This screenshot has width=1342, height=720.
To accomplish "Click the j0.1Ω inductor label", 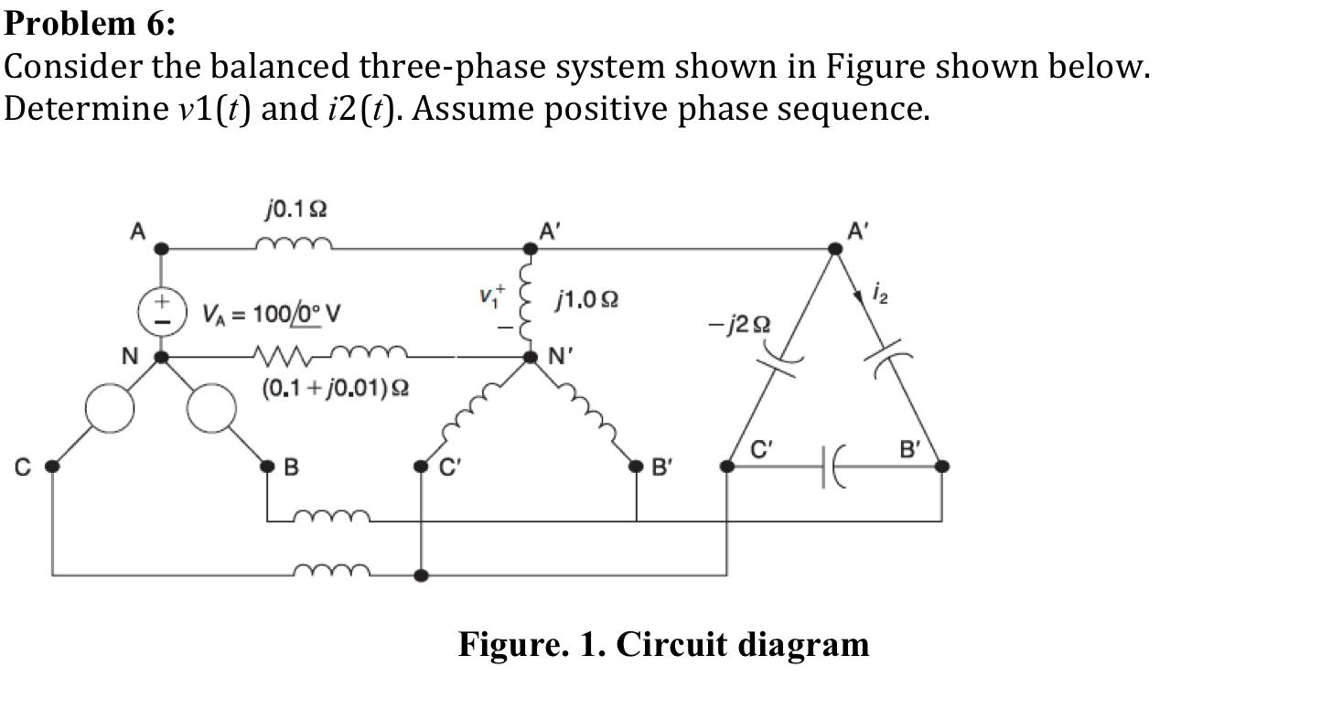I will tap(295, 210).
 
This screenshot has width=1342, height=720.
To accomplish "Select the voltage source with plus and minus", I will tap(162, 312).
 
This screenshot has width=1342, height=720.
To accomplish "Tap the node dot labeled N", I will tap(162, 357).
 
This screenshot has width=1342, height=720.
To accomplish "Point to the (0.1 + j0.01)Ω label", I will tap(335, 388).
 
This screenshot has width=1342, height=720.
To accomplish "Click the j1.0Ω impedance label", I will tap(586, 299).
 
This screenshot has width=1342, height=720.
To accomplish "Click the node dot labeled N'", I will tap(530, 357).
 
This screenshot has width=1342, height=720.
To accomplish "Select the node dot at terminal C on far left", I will tap(52, 467).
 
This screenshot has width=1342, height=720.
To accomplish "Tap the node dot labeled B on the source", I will tap(267, 467).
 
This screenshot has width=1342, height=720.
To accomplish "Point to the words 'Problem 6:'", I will tap(90, 23).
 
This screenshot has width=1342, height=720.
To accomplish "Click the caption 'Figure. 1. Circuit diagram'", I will tap(663, 644).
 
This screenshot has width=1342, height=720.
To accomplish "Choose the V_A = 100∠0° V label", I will tap(271, 315).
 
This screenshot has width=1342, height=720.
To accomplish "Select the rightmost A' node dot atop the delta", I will tap(835, 248).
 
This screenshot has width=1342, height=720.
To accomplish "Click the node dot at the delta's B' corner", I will tap(941, 467).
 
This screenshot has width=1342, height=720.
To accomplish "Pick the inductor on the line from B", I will tap(331, 518).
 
